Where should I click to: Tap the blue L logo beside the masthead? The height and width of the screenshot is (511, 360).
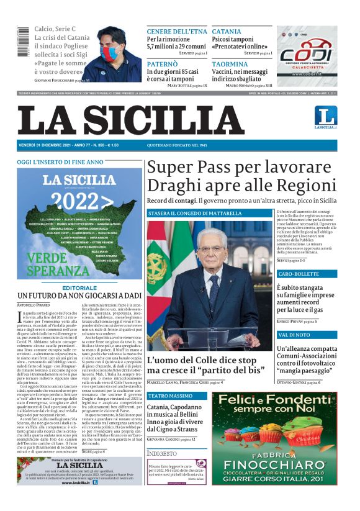click(325, 115)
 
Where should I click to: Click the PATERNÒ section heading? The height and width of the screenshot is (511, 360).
click(162, 64)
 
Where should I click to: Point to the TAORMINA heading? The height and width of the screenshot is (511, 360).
click(230, 64)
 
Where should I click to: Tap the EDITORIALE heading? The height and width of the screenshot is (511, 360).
click(80, 288)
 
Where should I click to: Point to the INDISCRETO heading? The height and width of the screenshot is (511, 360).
click(163, 454)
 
